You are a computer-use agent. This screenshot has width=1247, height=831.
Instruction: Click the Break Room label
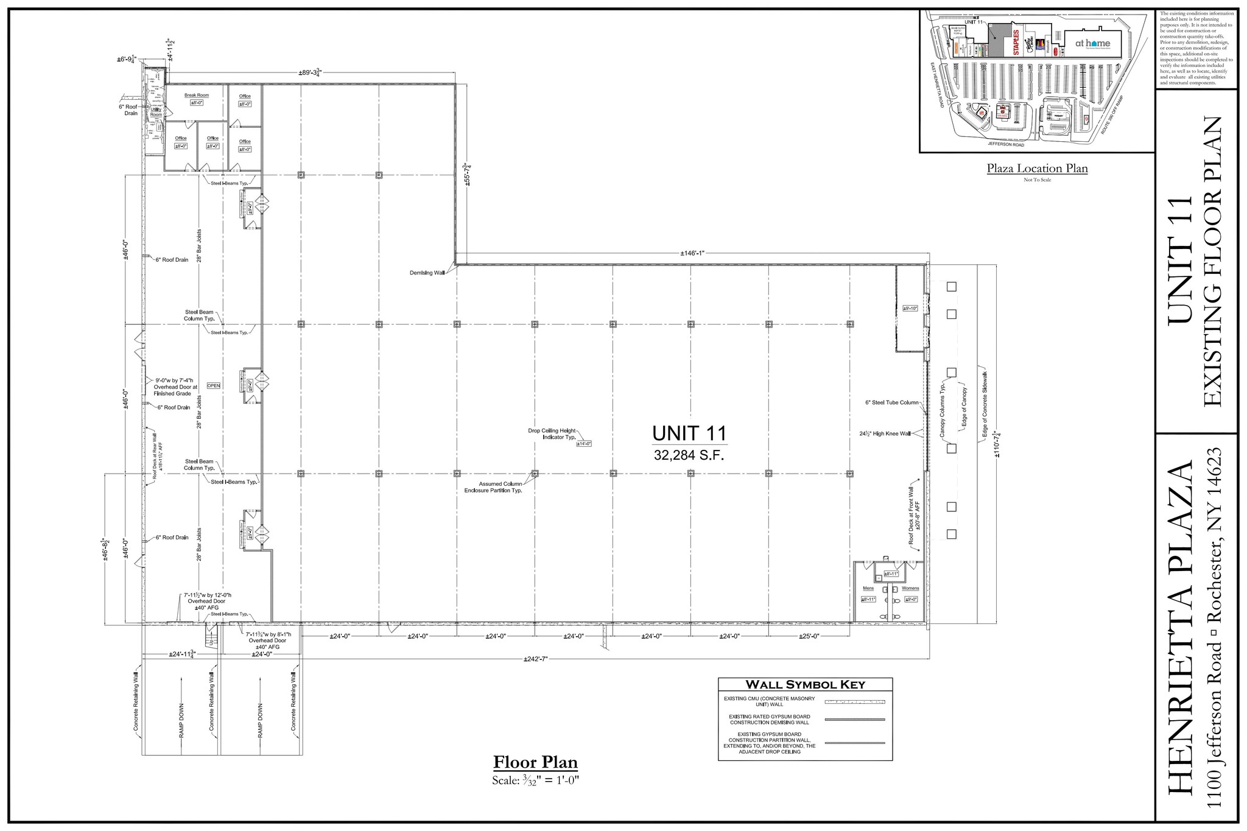pos(197,96)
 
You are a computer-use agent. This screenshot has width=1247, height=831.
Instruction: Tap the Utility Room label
pos(156,112)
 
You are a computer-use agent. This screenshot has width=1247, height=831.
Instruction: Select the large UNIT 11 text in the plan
pos(689,433)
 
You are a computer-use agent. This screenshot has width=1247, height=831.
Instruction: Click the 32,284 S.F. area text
pos(689,455)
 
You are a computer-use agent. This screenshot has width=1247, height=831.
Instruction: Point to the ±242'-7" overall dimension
pos(536,659)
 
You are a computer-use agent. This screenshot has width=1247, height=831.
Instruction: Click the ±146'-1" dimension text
pos(692,253)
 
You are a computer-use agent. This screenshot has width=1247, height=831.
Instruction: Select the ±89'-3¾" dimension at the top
pos(310,72)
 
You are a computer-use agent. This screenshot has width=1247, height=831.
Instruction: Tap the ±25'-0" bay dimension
pos(809,636)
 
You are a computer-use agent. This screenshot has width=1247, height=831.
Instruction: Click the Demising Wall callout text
pos(427,273)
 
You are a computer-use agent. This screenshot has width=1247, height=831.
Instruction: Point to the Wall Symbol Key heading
pos(805,684)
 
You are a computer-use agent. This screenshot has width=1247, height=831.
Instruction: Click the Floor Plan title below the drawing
pos(535,762)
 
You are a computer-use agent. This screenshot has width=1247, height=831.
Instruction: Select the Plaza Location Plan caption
pos(1037,169)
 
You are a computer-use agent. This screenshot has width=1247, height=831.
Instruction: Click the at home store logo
pos(1092,43)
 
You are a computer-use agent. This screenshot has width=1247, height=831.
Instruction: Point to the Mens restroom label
pos(868,588)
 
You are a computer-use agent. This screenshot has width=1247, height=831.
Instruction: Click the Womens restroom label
pos(910,588)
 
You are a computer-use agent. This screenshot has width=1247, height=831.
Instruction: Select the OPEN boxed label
pos(214,385)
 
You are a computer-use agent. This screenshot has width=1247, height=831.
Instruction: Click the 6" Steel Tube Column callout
pos(891,402)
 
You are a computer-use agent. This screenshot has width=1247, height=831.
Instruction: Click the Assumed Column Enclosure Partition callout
pos(493,487)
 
